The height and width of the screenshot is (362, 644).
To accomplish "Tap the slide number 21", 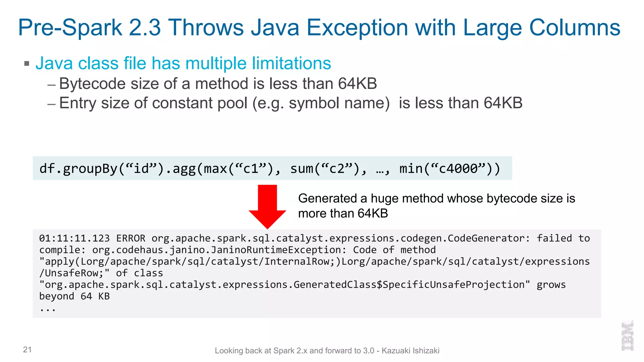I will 27,349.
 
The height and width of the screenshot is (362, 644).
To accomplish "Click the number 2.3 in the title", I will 145,28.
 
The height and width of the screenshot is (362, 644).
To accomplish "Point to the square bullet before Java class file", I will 27,64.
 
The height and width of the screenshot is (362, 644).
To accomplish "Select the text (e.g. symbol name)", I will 321,103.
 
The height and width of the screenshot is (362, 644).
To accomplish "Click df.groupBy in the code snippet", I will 78,169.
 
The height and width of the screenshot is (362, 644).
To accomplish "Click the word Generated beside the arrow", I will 327,199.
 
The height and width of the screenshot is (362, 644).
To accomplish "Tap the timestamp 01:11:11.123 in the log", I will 74,238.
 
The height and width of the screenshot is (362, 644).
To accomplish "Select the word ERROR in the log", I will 131,238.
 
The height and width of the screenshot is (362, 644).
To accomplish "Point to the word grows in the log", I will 551,285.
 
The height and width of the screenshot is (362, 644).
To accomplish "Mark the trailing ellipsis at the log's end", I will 47,309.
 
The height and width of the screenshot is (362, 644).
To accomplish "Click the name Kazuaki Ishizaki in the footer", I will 410,351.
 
